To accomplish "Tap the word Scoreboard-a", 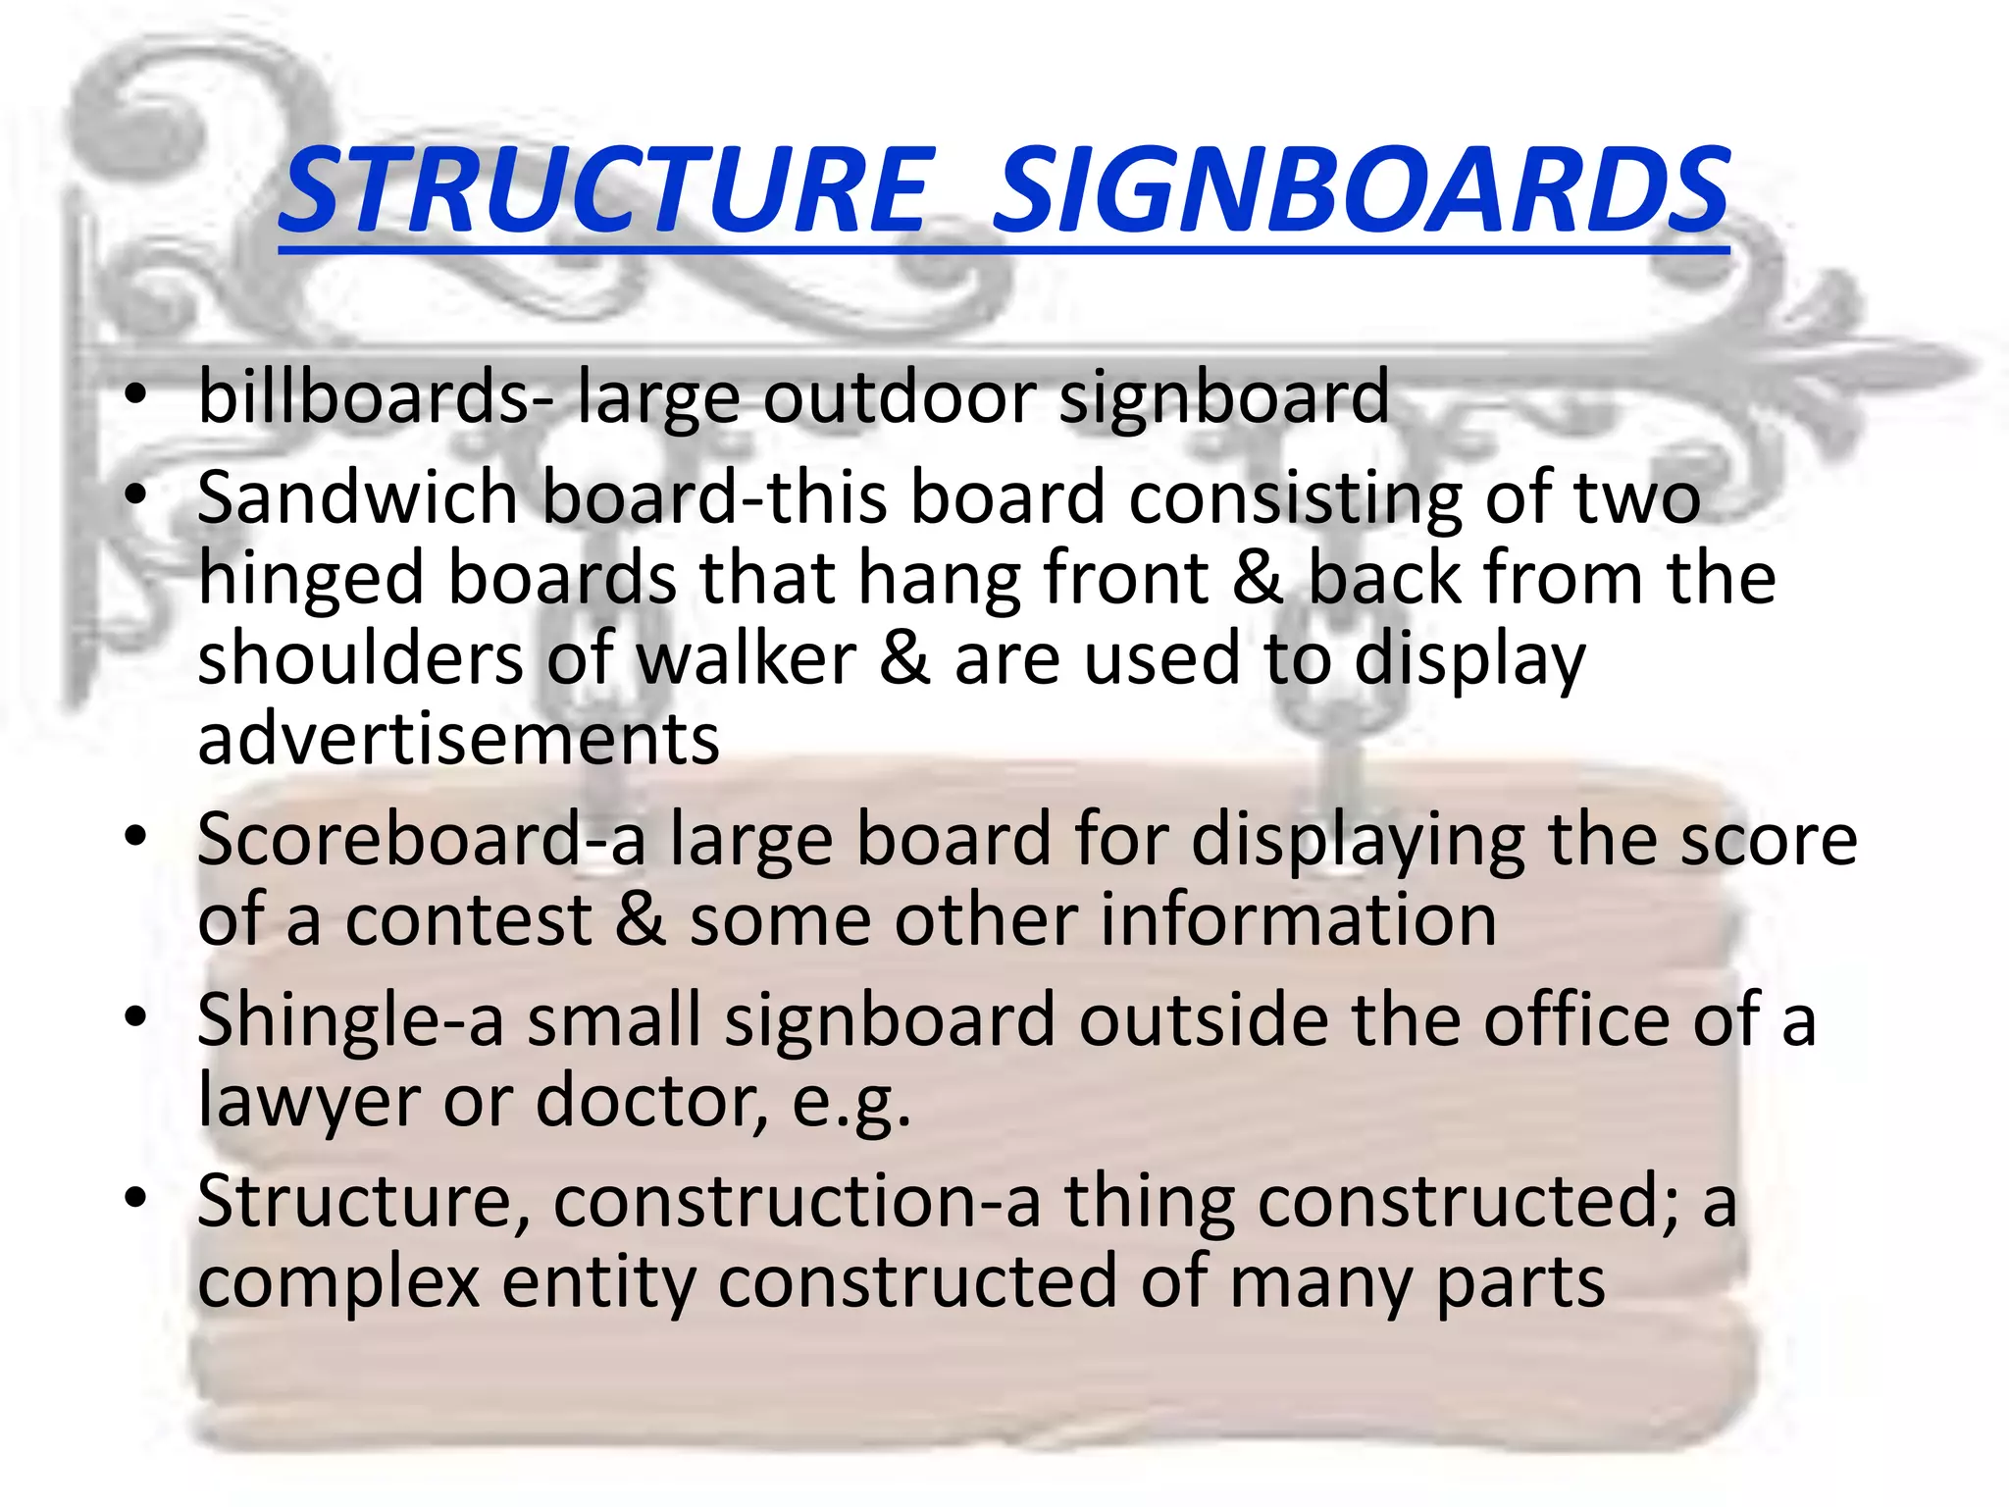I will click(421, 841).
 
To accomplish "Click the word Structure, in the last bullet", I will click(363, 1203).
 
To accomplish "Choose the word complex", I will click(338, 1283).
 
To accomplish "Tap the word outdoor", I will click(899, 397).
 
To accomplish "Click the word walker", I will click(747, 658).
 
